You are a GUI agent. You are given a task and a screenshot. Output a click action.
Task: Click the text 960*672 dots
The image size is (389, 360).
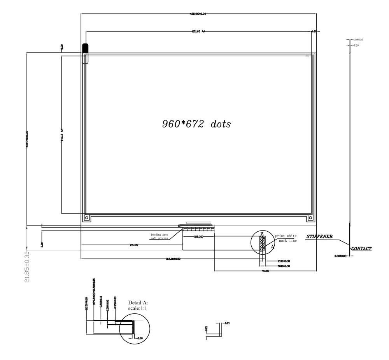tap(196, 124)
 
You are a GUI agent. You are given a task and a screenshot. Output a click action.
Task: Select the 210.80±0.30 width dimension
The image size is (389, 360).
tap(198, 14)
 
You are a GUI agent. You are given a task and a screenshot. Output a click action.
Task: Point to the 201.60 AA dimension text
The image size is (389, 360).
tap(198, 31)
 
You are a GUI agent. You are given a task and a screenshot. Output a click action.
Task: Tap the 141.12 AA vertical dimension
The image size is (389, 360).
tap(62, 135)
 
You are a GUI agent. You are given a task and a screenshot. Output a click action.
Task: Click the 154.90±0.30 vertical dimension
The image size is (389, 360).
tap(26, 140)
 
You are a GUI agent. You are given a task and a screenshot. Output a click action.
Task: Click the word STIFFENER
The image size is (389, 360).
tap(319, 236)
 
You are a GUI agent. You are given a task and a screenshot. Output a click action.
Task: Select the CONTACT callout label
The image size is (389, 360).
tap(361, 248)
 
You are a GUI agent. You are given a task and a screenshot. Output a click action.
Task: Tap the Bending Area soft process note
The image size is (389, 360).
tap(159, 236)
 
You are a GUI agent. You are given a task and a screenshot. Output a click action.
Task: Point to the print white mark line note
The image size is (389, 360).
tap(286, 238)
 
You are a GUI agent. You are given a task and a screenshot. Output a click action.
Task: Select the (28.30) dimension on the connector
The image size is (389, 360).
tap(198, 236)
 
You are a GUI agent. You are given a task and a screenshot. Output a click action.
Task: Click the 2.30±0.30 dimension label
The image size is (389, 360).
tap(284, 261)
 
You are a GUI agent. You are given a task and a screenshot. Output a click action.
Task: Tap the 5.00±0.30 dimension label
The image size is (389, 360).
tap(284, 266)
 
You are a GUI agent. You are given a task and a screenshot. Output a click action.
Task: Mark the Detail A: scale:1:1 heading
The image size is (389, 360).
tap(138, 305)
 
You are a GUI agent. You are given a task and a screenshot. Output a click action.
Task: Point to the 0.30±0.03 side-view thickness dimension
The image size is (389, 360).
tap(340, 256)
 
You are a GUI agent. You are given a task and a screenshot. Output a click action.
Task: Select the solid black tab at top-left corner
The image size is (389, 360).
tap(86, 48)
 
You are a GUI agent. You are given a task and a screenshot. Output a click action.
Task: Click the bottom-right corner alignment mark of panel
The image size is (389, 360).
tap(310, 218)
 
